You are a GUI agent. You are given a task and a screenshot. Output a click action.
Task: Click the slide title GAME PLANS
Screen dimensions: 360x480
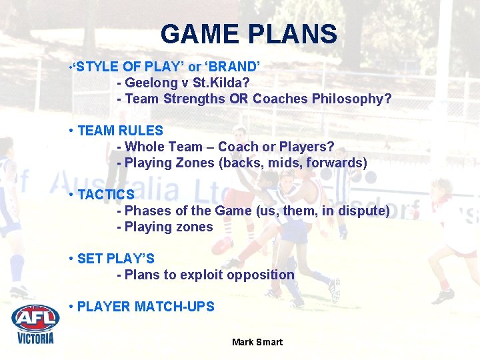click(249, 34)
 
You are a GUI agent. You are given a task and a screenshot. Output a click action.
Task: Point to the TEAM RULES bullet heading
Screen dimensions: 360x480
click(120, 131)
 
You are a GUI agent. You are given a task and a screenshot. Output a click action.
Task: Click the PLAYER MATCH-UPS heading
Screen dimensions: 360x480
click(145, 307)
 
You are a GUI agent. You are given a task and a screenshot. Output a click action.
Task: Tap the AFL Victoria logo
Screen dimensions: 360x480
click(35, 324)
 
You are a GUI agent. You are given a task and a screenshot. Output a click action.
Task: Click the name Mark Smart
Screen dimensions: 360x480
click(257, 342)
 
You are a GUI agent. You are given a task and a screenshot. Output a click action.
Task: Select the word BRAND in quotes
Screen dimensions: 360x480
click(233, 67)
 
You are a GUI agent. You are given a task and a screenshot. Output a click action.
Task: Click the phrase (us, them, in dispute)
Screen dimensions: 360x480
click(323, 211)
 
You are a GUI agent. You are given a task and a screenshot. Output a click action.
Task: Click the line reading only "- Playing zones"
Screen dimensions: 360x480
click(165, 227)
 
